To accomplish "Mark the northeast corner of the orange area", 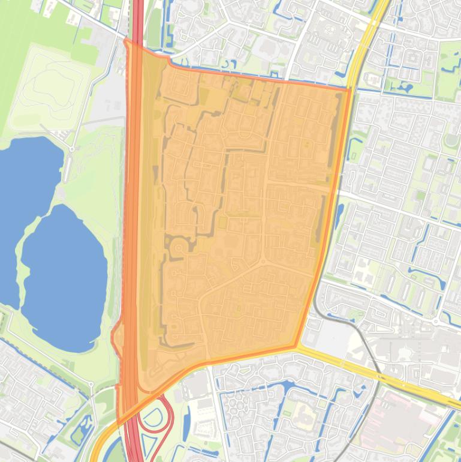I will pyautogui.click(x=349, y=89).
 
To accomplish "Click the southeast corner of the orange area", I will pyautogui.click(x=296, y=346).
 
